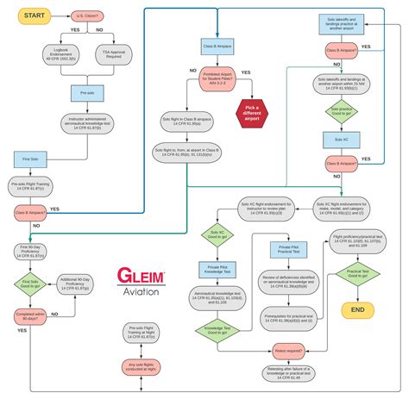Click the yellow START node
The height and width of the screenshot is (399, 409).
(32, 16)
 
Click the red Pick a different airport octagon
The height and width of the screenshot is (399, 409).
(251, 111)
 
